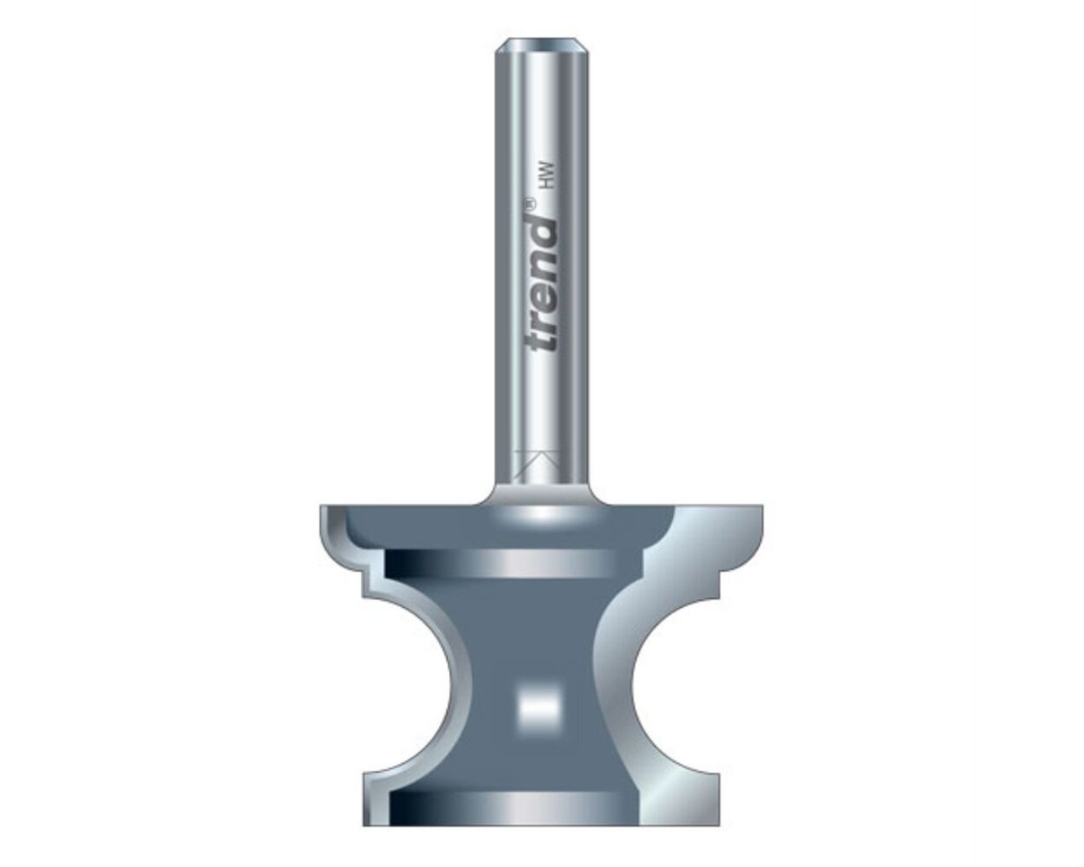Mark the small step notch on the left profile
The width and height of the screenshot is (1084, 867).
click(364, 590)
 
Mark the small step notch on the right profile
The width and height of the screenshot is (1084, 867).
click(716, 590)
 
